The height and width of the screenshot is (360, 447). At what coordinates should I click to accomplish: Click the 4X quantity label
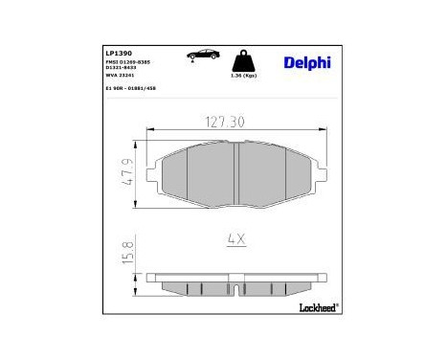pyautogui.click(x=235, y=239)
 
